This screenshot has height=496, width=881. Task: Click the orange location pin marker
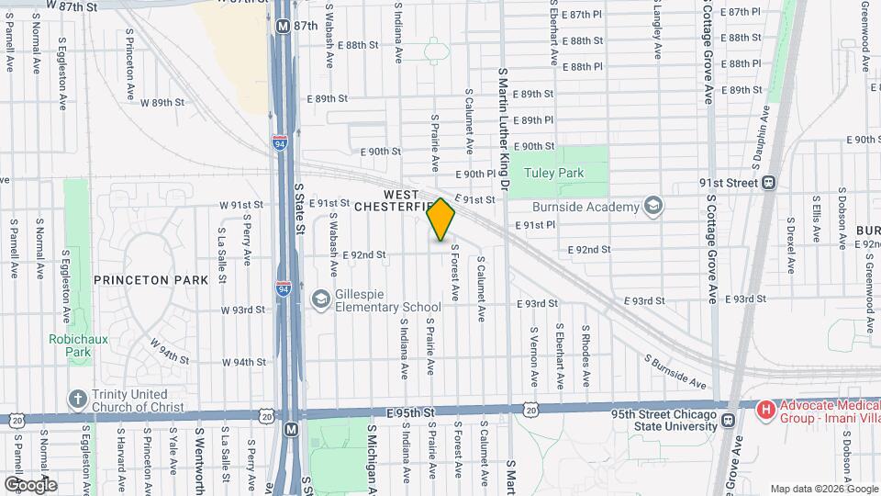tap(441, 220)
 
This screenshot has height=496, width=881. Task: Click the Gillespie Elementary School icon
tap(320, 299)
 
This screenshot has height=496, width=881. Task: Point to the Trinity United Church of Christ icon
tap(77, 400)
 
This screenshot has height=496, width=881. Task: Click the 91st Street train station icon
tap(769, 183)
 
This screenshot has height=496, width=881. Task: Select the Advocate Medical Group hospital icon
tap(764, 407)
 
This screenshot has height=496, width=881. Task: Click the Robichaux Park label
tap(72, 345)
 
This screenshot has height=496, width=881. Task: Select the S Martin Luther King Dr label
tap(504, 129)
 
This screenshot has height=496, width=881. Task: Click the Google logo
tap(30, 484)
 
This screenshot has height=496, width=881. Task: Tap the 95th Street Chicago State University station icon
tap(727, 421)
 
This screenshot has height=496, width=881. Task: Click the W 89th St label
tap(162, 103)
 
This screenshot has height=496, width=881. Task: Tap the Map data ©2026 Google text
tap(823, 489)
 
